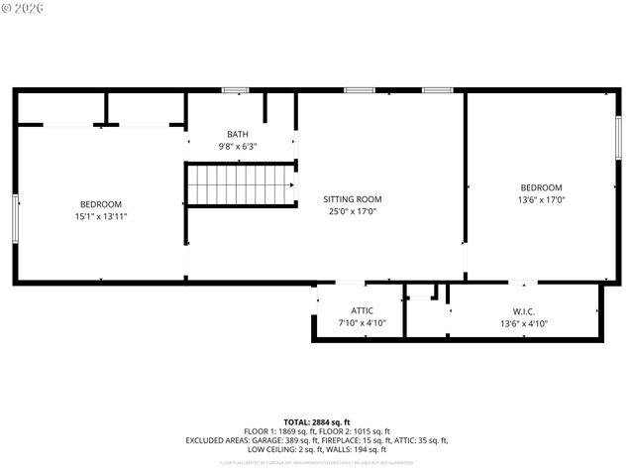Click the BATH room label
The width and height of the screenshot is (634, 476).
[238, 134]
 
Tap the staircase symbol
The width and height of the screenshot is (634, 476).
[242, 184]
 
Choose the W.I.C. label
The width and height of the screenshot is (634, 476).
[524, 310]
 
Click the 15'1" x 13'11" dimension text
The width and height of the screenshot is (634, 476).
[101, 216]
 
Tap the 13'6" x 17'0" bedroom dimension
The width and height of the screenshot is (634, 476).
[542, 199]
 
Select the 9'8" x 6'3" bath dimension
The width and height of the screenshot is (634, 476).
[238, 147]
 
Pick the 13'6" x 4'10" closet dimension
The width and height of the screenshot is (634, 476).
[524, 323]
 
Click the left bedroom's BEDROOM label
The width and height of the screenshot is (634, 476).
[101, 203]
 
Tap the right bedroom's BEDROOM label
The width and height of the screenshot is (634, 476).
[542, 187]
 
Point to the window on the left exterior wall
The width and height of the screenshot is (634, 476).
[15, 218]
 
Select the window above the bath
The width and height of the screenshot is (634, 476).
[235, 91]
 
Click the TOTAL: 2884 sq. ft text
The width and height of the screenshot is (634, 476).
[317, 421]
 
